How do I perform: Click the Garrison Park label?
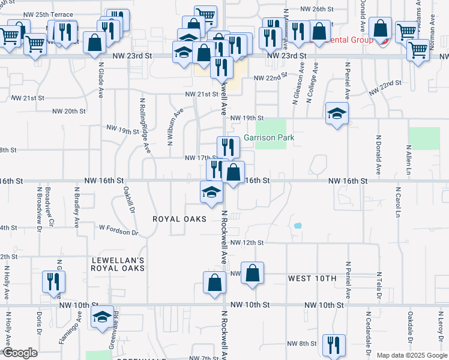pos(269,137)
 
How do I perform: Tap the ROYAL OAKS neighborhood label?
pos(179,219)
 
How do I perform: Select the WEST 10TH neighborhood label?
pos(312,279)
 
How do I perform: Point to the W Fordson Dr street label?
pos(119,230)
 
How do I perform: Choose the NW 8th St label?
pos(301,343)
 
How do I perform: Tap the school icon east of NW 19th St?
pos(337,113)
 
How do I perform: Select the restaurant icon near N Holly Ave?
pos(53,282)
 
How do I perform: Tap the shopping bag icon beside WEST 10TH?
pos(253,273)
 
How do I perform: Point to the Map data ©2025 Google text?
pos(412,355)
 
